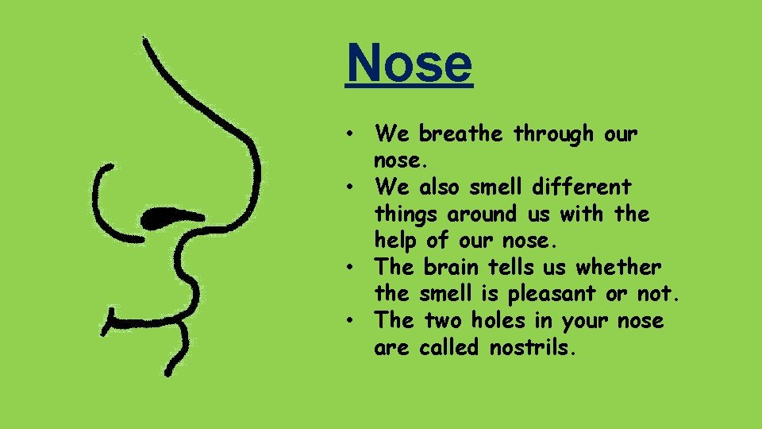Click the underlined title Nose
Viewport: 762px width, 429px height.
click(409, 63)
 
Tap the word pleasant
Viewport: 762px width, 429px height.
click(548, 295)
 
